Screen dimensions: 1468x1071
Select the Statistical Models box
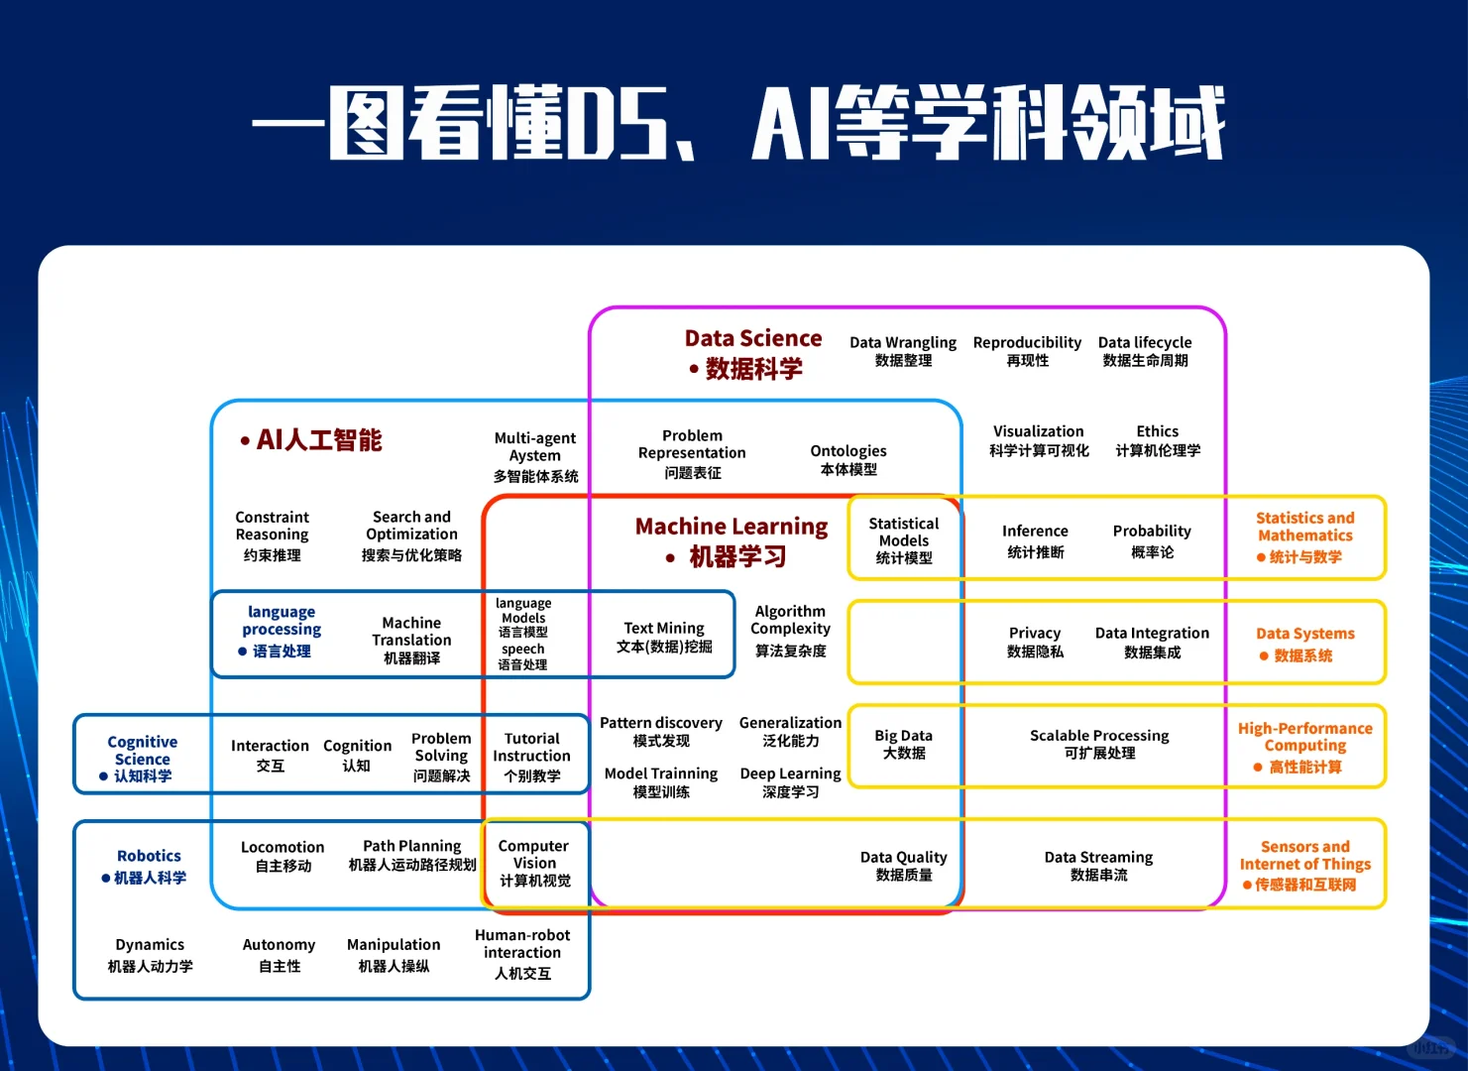point(904,539)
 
